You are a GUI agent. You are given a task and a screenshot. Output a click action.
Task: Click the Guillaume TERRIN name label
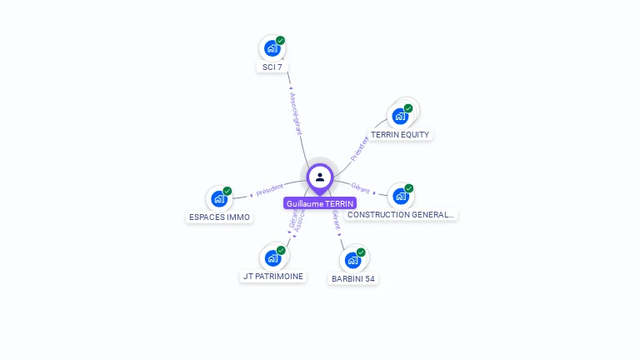pos(320,203)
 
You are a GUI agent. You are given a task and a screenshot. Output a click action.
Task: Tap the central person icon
pos(320,177)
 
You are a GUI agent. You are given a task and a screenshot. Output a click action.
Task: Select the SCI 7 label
pos(272,67)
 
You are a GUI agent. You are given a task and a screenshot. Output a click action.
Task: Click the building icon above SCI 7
pos(272,48)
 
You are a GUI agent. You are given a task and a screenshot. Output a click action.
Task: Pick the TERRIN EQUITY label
pos(400,134)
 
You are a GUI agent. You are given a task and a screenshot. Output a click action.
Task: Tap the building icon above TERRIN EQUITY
pos(400,116)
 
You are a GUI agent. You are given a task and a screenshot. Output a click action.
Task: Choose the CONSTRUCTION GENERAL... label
pos(401,214)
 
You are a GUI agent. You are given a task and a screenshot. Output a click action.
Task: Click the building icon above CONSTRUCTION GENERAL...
pos(401,197)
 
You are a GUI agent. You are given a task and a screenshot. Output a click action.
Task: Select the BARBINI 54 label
pos(352,278)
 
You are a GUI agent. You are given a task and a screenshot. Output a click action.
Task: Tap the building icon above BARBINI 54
pos(352,260)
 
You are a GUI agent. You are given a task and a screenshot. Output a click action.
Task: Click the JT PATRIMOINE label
pos(273,276)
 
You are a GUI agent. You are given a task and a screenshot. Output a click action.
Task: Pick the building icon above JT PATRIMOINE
pos(272,257)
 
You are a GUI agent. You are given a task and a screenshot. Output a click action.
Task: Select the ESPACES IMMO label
pos(219,217)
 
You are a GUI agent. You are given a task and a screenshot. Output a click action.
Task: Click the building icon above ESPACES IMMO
pos(219,198)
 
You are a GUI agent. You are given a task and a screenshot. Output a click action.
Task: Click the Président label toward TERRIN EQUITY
pos(359,147)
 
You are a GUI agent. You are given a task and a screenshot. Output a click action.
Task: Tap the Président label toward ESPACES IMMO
pos(270,189)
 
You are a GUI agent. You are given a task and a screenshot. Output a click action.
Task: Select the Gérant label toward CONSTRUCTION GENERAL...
pos(360,187)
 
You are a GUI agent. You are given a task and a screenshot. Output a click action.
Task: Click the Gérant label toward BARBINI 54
pos(336,219)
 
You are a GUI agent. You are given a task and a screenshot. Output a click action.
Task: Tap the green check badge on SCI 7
pos(281,40)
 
